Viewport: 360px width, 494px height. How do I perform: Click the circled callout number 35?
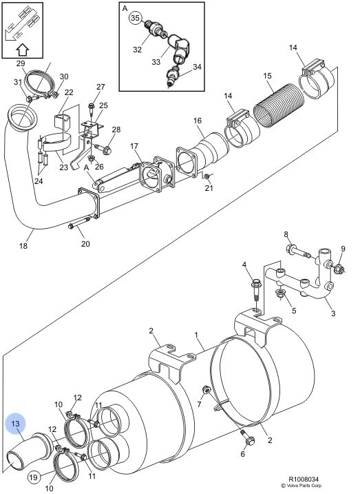(x=135, y=18)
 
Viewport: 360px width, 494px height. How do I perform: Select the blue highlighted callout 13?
(x=15, y=424)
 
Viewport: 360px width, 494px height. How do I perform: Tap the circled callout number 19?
(x=33, y=477)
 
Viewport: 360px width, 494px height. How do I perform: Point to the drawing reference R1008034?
(x=304, y=480)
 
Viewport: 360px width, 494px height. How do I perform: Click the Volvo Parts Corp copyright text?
(x=301, y=486)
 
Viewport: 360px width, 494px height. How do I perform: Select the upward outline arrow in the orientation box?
(x=22, y=49)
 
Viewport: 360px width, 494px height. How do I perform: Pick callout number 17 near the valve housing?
(x=134, y=146)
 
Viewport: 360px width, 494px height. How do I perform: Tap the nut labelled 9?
(x=339, y=269)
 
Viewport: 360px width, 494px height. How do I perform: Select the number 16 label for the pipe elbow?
(x=198, y=121)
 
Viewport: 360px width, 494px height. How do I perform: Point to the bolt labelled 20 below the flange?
(x=79, y=222)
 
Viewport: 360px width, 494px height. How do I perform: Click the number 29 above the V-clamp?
(x=21, y=63)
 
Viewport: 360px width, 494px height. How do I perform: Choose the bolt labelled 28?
(x=103, y=149)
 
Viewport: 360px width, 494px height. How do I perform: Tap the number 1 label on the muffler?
(x=196, y=335)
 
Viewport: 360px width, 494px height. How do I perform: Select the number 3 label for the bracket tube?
(x=333, y=313)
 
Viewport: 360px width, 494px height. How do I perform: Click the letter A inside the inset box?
(x=125, y=8)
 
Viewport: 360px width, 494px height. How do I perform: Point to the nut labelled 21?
(x=207, y=177)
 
